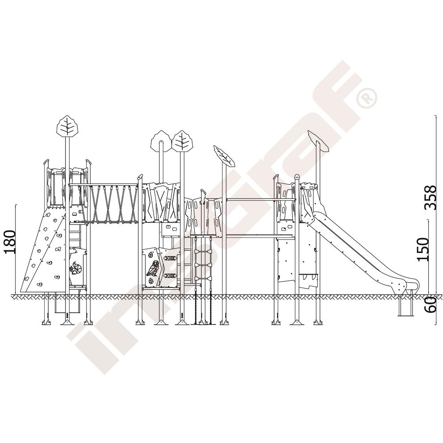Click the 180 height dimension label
(9, 242)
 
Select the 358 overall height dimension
(431, 198)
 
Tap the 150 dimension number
(423, 249)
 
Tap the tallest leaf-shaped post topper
(67, 126)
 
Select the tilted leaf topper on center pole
(224, 155)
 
